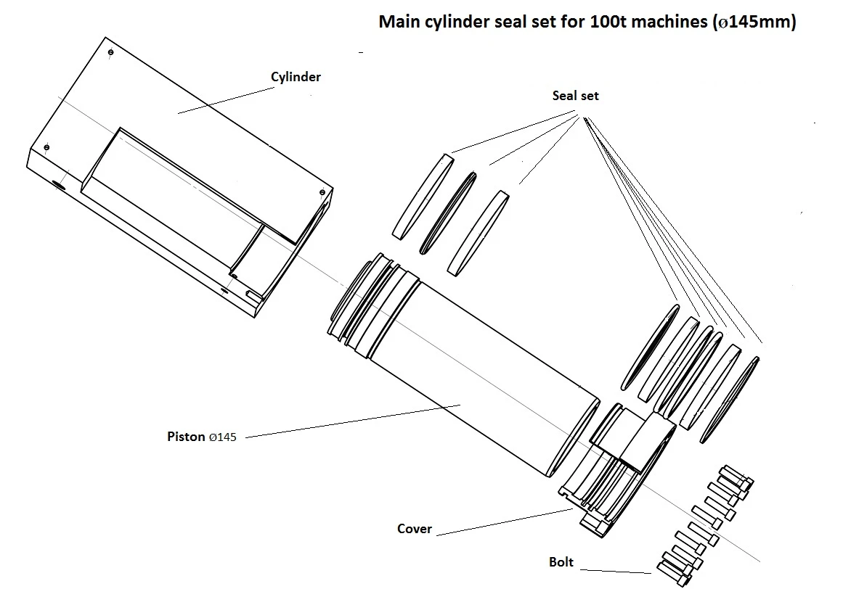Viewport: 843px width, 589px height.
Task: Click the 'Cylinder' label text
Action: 296,76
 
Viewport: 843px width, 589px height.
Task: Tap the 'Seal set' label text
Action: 575,96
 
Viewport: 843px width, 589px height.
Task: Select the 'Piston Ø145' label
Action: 201,437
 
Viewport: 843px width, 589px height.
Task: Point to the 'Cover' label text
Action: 415,529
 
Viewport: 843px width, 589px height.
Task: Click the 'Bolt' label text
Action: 561,562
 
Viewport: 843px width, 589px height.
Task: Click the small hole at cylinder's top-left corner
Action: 109,54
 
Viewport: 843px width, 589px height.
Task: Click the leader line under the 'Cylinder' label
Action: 218,101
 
